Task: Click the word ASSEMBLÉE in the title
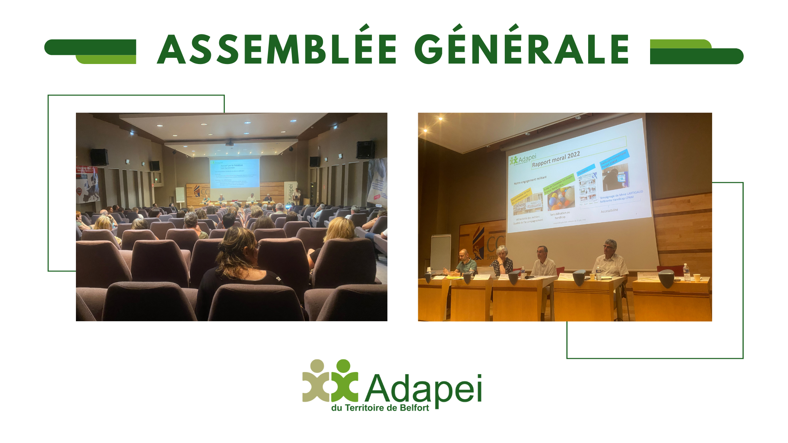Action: [277, 49]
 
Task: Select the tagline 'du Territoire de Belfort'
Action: [380, 408]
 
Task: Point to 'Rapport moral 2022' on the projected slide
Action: [556, 159]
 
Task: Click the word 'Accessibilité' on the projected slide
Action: [609, 210]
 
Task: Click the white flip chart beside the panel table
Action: [440, 252]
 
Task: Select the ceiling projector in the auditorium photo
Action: [229, 144]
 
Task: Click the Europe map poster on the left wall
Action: [87, 185]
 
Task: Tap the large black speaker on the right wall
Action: [365, 149]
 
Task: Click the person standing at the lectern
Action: [297, 196]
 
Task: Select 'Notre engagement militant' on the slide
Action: [530, 180]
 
